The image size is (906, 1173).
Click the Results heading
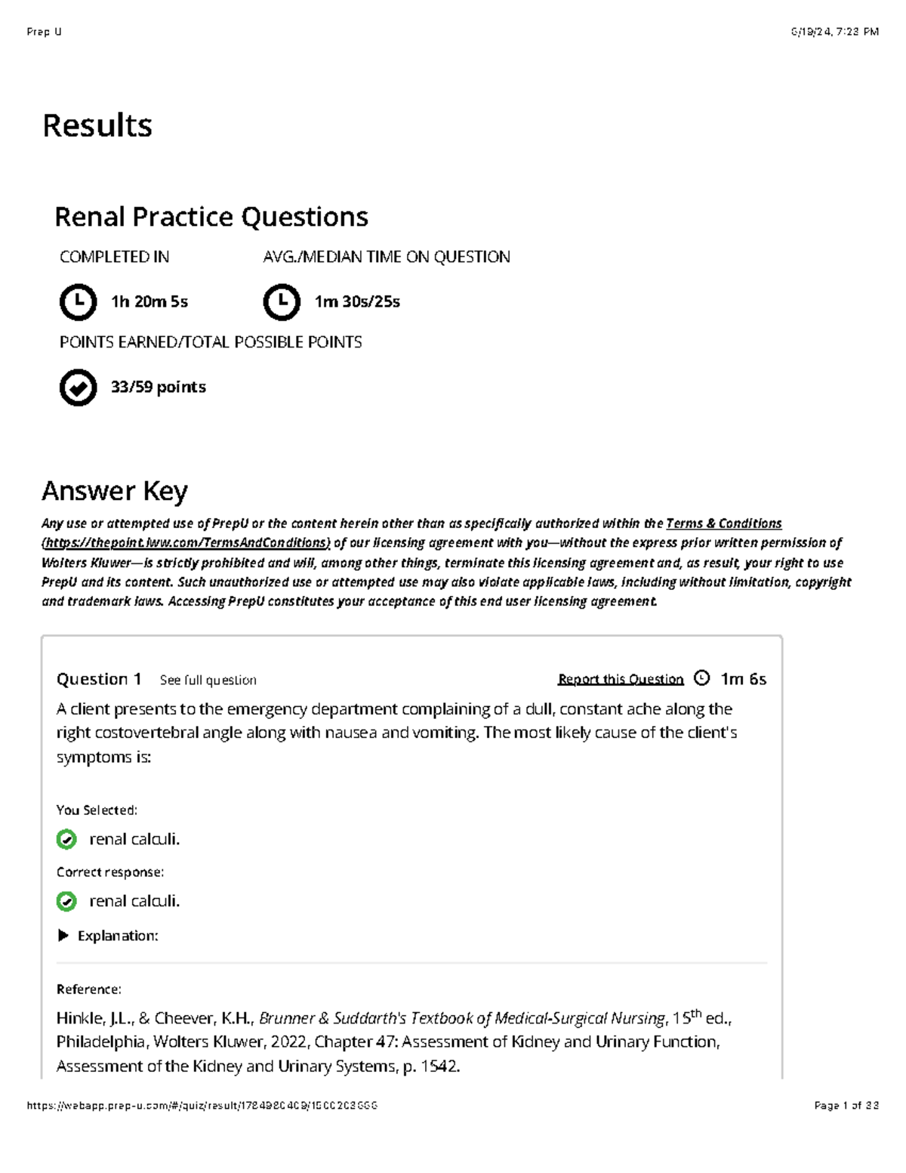[97, 125]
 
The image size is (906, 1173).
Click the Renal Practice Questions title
[211, 218]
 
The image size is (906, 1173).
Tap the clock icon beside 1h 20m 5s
[78, 302]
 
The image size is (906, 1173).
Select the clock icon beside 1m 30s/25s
[282, 302]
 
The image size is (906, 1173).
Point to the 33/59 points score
[158, 387]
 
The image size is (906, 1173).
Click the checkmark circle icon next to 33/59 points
[78, 388]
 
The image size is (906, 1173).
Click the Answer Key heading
[115, 491]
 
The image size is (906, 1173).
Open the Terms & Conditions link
[723, 523]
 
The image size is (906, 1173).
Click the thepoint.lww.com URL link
[186, 543]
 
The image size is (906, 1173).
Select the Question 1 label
[99, 679]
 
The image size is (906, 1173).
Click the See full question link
[208, 681]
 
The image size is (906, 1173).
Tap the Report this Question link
[621, 680]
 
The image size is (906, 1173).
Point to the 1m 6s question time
[743, 679]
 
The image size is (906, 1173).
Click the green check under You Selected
[66, 839]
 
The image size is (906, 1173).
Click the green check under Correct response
[66, 901]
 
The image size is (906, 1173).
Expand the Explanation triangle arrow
[63, 936]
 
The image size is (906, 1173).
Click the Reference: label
[88, 989]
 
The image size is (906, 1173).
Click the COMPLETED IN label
[114, 258]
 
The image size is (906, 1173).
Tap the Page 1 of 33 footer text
[846, 1106]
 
